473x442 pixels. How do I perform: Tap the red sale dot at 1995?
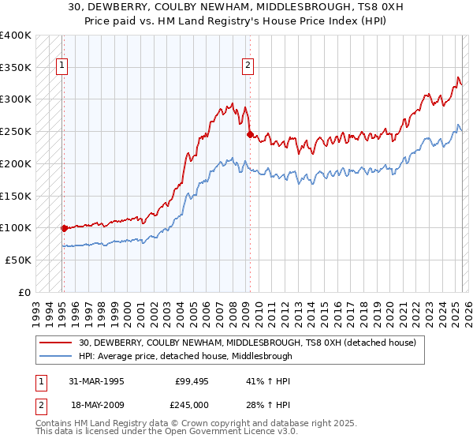[x=64, y=228]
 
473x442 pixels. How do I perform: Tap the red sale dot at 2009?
[x=250, y=135]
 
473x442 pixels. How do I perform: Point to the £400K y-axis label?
[x=16, y=36]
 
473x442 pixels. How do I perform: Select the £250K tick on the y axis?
[x=16, y=132]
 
